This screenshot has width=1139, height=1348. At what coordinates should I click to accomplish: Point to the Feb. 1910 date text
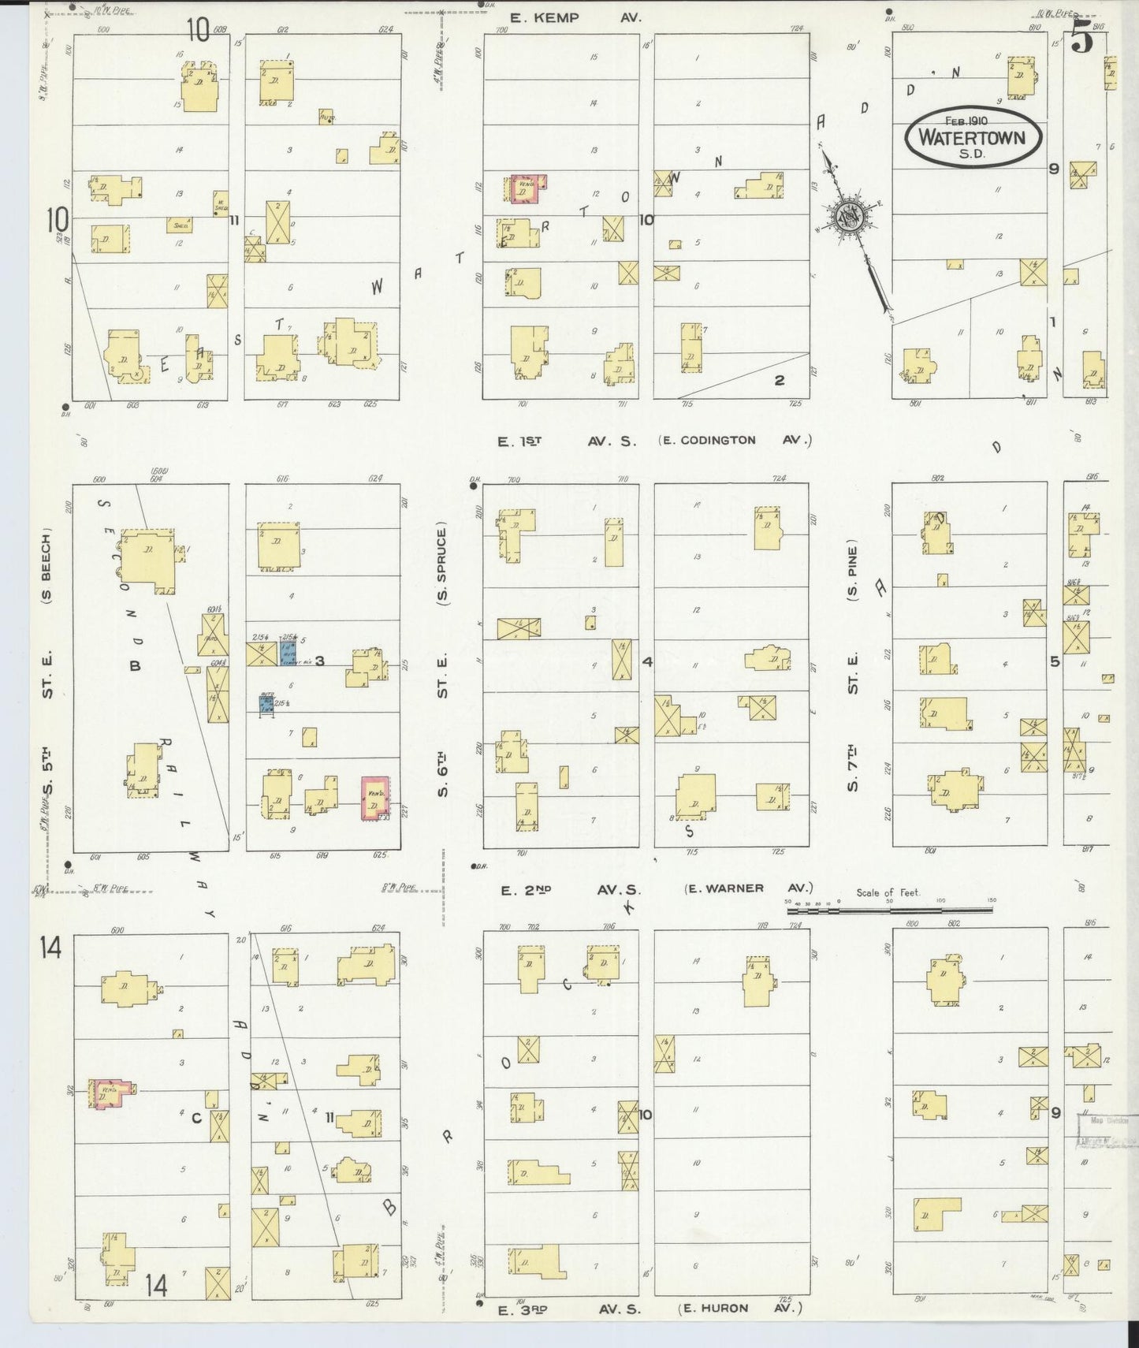(x=971, y=121)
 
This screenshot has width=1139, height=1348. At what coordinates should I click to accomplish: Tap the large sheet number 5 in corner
(x=1082, y=39)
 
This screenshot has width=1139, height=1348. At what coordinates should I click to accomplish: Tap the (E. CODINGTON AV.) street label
(x=735, y=441)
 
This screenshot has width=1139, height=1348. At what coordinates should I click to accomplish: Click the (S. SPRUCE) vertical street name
(x=442, y=564)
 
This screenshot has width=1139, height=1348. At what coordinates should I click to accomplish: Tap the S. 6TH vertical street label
(x=442, y=769)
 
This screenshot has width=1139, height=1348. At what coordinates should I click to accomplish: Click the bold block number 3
(x=320, y=661)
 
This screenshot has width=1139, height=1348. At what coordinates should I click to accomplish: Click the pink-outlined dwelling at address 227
(x=375, y=798)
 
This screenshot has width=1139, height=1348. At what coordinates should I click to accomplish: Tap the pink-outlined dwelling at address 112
(x=523, y=188)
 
